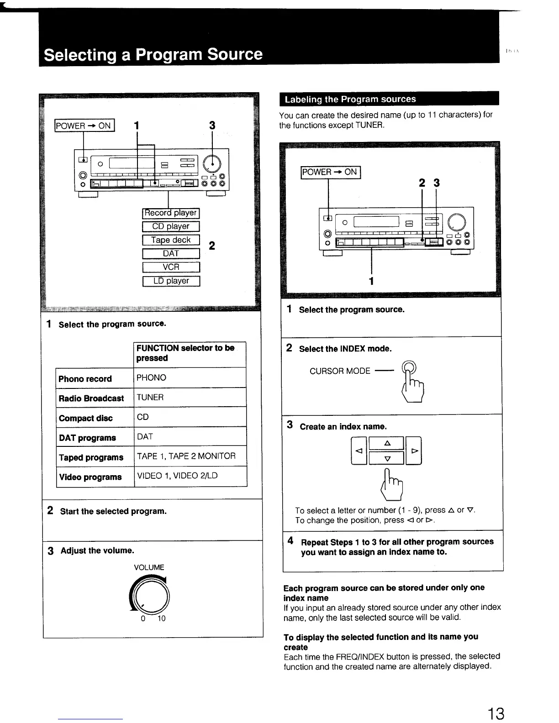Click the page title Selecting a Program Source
153,55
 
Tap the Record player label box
171,213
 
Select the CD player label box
171,226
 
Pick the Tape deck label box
171,240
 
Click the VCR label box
171,267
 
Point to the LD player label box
171,281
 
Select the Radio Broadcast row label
91,398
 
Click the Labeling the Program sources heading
350,99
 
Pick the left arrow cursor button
359,451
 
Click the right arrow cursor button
414,451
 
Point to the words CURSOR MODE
340,371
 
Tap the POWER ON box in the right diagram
331,172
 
